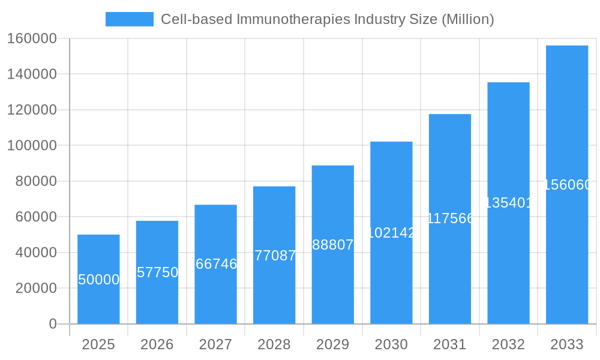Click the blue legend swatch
coord(129,19)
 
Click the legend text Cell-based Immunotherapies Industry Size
coord(328,19)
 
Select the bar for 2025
coord(98,279)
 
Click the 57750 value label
coord(157,272)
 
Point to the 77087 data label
coord(275,256)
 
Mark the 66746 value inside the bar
coord(216,264)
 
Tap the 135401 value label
coord(508,203)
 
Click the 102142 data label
coord(391,233)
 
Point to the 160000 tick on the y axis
coord(32,38)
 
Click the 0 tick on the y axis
coord(52,324)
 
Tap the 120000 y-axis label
coord(32,110)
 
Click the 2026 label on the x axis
coord(157,344)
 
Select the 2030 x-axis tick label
coord(391,344)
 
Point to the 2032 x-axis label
coord(508,344)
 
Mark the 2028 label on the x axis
coord(274,344)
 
